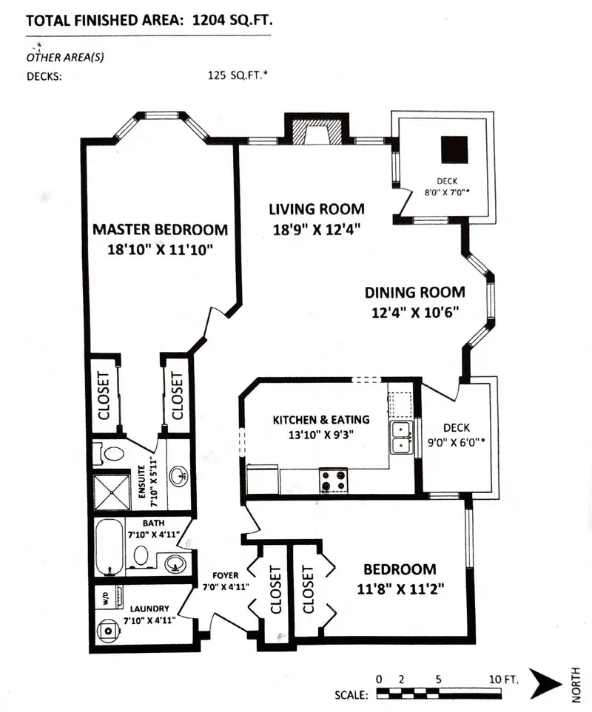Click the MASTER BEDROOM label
pyautogui.click(x=160, y=229)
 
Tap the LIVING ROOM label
pyautogui.click(x=317, y=208)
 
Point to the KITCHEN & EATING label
pyautogui.click(x=321, y=419)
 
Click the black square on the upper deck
pyautogui.click(x=454, y=150)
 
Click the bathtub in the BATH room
pyautogui.click(x=109, y=547)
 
